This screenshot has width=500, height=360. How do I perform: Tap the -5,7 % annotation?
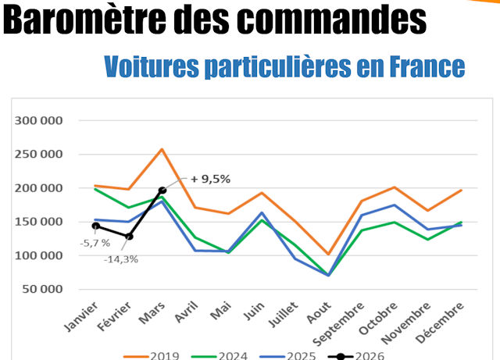coord(95,243)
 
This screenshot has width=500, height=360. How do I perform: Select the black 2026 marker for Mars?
coord(162,190)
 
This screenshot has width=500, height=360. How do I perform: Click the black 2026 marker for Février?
coord(129,237)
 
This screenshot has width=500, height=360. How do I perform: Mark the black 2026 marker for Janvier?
coord(95,226)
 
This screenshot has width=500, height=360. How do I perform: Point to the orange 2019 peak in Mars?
coord(162,149)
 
